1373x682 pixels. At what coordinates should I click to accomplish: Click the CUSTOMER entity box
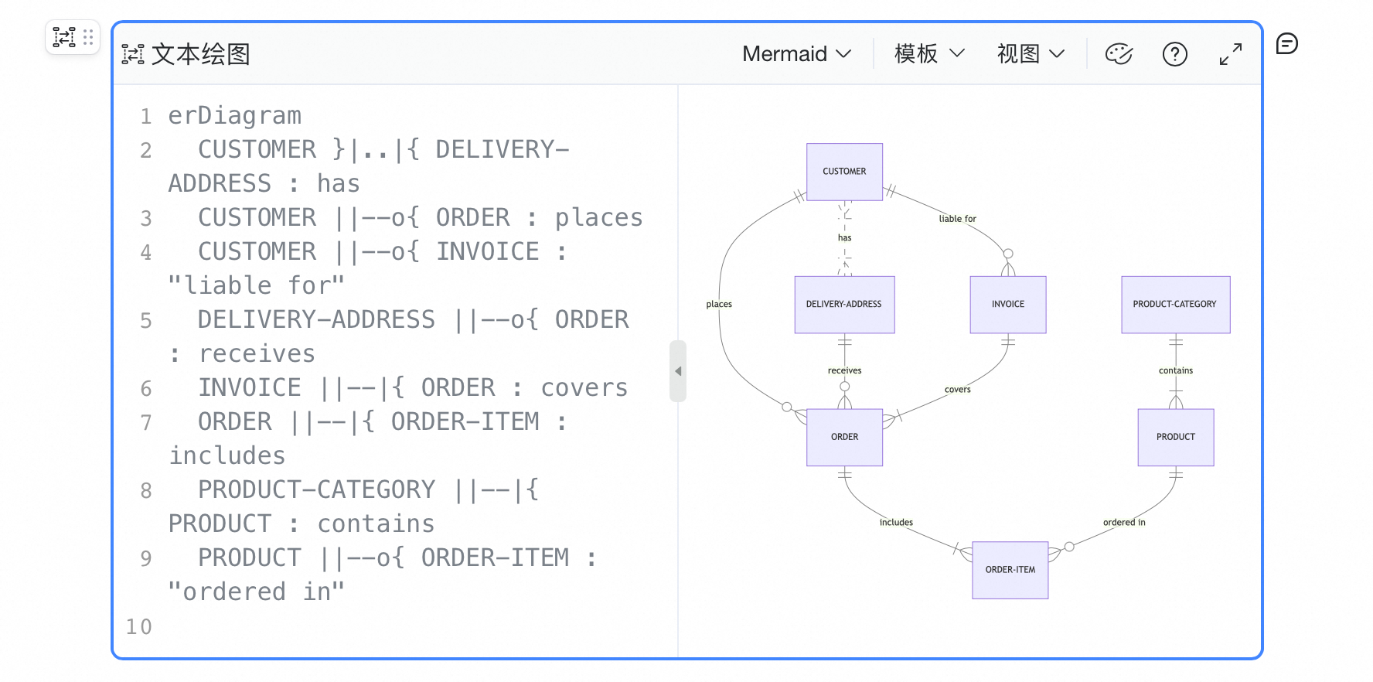[844, 172]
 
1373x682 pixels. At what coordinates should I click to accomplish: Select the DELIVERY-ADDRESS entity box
[844, 305]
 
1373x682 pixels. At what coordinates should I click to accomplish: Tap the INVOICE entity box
[1008, 305]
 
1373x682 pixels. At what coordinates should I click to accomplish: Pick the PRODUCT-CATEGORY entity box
[1175, 305]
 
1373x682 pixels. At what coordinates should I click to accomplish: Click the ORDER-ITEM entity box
[1010, 570]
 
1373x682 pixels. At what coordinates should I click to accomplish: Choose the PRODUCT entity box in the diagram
[1176, 437]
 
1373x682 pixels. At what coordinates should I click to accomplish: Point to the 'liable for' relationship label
[957, 219]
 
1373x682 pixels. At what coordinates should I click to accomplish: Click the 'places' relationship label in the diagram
[719, 304]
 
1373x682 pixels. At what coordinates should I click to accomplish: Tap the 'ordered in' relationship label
[1124, 522]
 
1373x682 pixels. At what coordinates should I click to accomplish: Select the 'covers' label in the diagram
[957, 389]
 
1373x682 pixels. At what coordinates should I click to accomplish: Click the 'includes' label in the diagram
[896, 522]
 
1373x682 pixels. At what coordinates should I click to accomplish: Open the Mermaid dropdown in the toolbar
[796, 54]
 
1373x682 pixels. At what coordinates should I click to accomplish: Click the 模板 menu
[929, 54]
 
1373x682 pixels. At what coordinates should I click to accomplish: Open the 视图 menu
[1031, 54]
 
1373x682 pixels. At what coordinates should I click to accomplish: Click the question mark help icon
[1175, 54]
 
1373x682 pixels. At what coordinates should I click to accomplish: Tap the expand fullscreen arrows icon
[1231, 54]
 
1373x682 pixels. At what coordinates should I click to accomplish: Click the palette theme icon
[1119, 54]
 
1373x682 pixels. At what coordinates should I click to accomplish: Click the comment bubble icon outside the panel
[1287, 44]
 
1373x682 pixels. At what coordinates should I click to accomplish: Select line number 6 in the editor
[146, 388]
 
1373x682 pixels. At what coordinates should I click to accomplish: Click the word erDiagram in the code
[235, 116]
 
